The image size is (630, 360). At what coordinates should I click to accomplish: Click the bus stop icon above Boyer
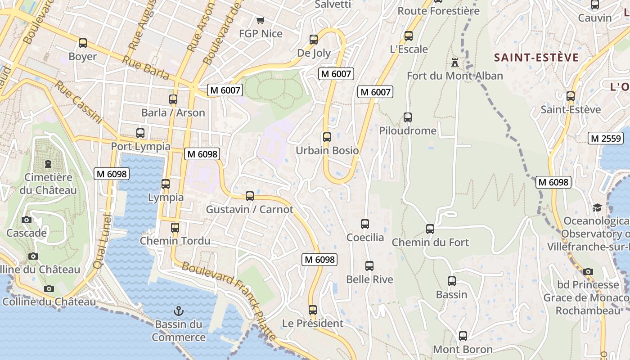click(83, 43)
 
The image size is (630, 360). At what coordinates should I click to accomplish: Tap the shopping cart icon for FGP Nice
click(260, 20)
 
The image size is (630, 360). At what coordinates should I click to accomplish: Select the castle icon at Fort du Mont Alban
click(455, 62)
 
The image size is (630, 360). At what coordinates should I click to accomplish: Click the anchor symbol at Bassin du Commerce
click(179, 311)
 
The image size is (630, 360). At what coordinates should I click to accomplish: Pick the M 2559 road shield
click(605, 138)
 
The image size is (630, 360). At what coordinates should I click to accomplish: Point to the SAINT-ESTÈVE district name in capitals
click(536, 58)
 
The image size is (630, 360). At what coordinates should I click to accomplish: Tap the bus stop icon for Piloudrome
click(408, 117)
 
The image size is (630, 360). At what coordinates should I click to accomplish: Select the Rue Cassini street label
click(79, 103)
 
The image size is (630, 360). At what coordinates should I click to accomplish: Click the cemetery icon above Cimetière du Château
click(48, 163)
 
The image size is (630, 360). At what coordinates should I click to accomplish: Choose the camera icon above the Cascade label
click(27, 220)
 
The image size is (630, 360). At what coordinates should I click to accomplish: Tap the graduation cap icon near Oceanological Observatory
click(597, 207)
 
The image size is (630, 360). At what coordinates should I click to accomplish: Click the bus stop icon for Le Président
click(313, 310)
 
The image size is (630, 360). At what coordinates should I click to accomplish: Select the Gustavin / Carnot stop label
click(249, 210)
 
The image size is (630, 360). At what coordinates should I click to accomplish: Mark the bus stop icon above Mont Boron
click(463, 336)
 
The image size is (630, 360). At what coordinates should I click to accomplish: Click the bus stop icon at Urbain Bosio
click(327, 137)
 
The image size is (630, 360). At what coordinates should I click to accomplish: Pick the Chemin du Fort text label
click(430, 243)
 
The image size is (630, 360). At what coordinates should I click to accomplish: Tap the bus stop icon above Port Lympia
click(140, 133)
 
